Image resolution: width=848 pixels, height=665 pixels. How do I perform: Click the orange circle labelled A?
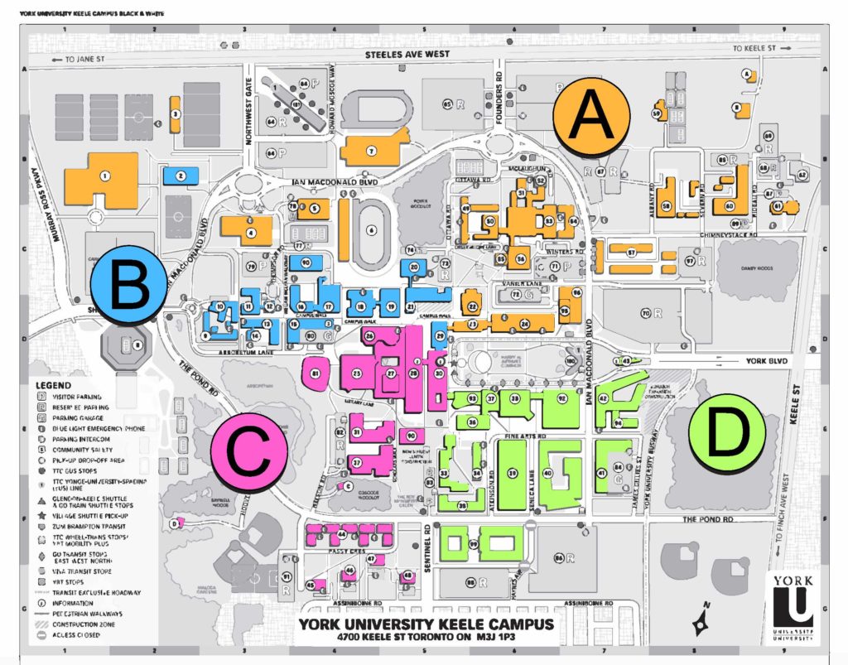click(590, 117)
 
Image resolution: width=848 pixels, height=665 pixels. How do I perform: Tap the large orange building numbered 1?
click(103, 177)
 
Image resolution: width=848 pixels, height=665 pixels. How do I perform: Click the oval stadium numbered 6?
click(370, 229)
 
